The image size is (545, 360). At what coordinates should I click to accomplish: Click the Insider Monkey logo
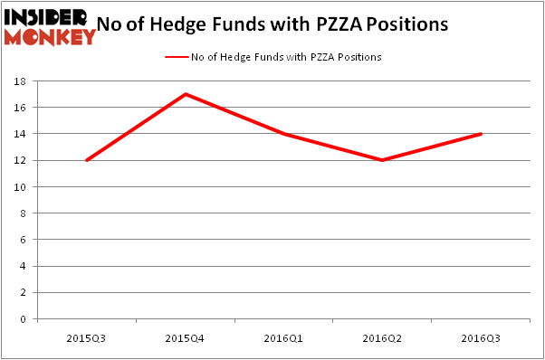(49, 26)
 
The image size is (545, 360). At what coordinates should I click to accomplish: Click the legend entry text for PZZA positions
(286, 57)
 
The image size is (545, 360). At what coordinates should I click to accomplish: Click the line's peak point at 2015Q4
(186, 94)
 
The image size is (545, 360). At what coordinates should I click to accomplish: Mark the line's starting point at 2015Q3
(87, 160)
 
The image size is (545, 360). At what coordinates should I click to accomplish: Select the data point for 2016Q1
(284, 134)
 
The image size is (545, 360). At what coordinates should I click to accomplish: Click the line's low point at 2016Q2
(382, 160)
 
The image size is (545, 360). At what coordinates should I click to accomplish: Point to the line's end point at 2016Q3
(481, 134)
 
